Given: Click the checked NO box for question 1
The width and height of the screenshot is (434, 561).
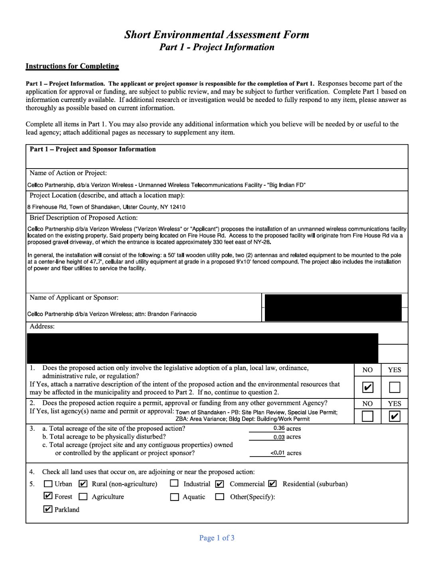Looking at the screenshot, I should (x=367, y=387).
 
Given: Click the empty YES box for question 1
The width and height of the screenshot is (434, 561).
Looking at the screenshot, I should (x=395, y=387).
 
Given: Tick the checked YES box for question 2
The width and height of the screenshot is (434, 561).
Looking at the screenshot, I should (x=395, y=416).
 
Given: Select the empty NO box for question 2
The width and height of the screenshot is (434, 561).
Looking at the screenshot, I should (x=367, y=416).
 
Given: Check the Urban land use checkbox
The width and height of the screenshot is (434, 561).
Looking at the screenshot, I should (x=48, y=484).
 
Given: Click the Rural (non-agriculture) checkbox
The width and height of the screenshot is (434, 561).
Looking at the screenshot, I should (x=83, y=484).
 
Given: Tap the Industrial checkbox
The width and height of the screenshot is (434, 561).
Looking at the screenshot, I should (x=174, y=483).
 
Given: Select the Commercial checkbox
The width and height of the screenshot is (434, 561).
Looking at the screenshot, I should (x=219, y=484).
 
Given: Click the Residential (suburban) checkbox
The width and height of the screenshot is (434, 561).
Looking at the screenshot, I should (x=272, y=484).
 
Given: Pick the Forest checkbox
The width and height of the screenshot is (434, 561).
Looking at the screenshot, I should (x=48, y=496).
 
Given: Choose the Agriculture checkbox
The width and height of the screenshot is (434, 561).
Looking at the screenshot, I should (x=83, y=497).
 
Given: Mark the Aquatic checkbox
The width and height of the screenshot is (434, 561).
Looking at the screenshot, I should (x=174, y=497).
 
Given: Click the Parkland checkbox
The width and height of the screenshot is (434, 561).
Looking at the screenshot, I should (x=48, y=509).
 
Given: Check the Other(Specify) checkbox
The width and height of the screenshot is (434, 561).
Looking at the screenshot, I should (x=219, y=497).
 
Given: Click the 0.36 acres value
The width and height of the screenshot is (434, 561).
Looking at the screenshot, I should (x=279, y=428).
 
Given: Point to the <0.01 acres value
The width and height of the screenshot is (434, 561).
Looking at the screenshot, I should (x=278, y=453).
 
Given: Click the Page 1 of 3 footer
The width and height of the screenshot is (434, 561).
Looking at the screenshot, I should (x=217, y=538).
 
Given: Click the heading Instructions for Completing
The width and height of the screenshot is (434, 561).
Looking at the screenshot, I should (x=72, y=66).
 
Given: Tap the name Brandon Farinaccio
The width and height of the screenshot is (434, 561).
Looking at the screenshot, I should (x=172, y=314).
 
